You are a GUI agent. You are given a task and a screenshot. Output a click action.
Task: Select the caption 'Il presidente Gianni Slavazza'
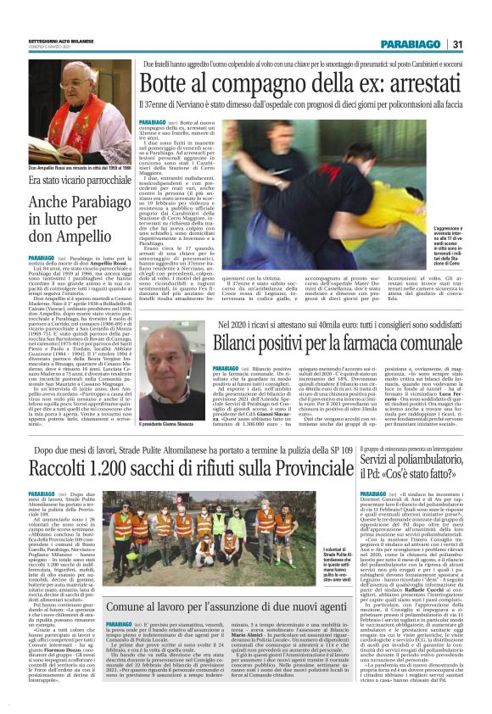click(x=168, y=398)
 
